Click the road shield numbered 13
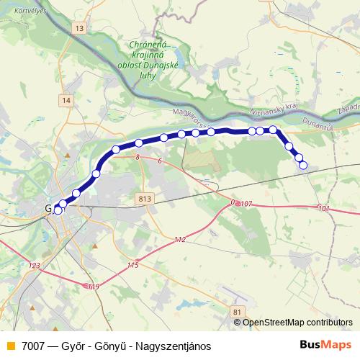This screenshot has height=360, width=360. [78, 28]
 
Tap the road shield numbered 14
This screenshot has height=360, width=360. [67, 100]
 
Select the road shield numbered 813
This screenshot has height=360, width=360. [143, 198]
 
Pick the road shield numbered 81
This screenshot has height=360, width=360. [237, 311]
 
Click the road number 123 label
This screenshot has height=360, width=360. [34, 266]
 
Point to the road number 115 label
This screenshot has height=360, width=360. [132, 266]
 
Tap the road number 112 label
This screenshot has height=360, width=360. [180, 239]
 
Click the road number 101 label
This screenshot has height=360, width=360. [323, 209]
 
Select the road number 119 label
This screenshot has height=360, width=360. [93, 287]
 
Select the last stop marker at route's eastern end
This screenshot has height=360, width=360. [303, 166]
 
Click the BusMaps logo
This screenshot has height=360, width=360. [325, 345]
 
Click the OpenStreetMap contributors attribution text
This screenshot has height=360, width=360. [297, 323]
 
